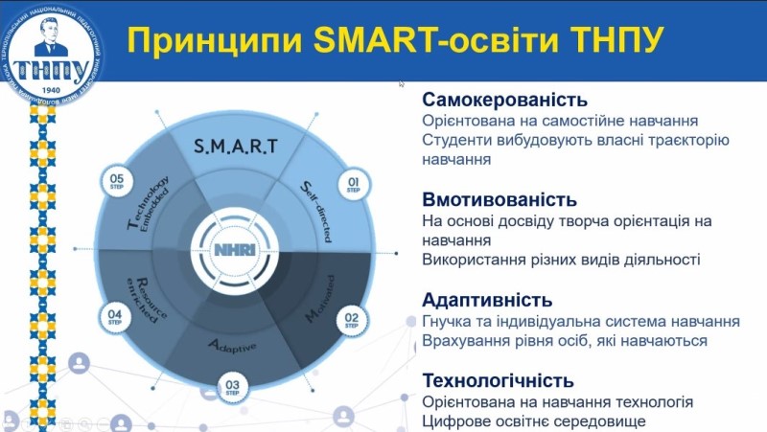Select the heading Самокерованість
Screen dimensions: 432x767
(504, 100)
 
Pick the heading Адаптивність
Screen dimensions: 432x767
(487, 299)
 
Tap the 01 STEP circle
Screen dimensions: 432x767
(352, 185)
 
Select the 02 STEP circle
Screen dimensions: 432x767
(352, 318)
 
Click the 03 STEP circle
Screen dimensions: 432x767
(232, 388)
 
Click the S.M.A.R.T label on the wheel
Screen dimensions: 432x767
(235, 147)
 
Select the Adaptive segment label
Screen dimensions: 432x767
(233, 345)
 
